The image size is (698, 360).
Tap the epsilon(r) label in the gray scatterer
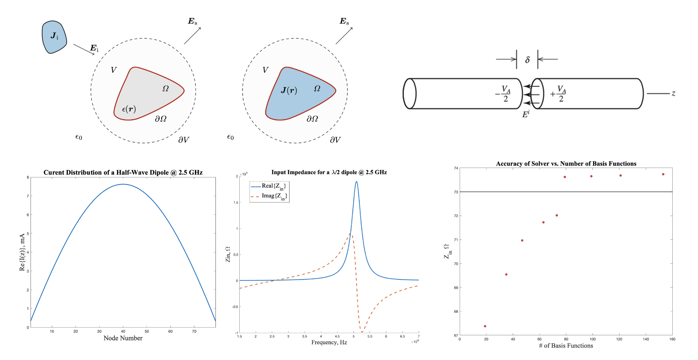[x=129, y=109]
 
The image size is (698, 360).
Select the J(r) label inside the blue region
[x=289, y=90]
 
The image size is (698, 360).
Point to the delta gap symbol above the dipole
[x=527, y=60]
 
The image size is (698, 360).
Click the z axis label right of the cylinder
[x=673, y=94]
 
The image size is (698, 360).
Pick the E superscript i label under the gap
[x=526, y=114]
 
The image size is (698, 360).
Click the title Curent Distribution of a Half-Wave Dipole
[x=123, y=173]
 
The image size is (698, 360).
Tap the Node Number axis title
[x=123, y=338]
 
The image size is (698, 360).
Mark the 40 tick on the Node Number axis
[x=123, y=331]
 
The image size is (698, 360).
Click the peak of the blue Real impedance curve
[x=356, y=182]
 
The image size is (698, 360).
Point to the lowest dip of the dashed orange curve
[x=362, y=332]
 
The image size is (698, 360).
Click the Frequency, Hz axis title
[x=329, y=342]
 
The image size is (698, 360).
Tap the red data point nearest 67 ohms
[x=485, y=326]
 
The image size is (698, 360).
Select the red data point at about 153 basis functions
[x=663, y=174]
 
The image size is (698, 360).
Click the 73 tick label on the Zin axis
[x=456, y=192]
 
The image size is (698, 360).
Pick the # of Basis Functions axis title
[x=566, y=346]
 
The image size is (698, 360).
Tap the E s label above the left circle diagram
[x=192, y=22]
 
